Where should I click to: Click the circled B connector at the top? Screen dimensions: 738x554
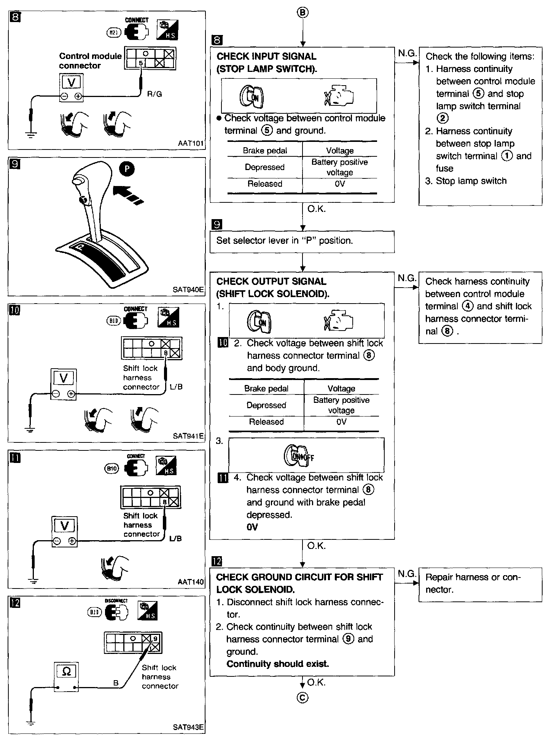coord(302,13)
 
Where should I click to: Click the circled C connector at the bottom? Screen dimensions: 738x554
coord(302,697)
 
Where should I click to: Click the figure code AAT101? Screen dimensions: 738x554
coord(191,144)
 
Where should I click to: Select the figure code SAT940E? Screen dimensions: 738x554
coord(188,290)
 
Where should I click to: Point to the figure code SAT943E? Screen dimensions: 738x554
coord(188,727)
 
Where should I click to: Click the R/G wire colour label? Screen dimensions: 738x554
coord(154,94)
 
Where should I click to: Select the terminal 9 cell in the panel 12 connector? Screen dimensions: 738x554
coord(156,639)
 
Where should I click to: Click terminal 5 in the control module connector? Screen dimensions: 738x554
coord(141,63)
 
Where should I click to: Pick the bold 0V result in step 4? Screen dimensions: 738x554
coord(252,527)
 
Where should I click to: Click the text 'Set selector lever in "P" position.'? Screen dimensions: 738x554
coord(285,241)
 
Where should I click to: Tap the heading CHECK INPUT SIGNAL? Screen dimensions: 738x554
coord(266,57)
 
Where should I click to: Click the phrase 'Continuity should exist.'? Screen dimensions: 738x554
coord(277,664)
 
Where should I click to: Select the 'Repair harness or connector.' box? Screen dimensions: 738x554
coord(480,583)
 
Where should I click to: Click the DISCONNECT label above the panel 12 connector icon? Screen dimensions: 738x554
coord(116,601)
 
